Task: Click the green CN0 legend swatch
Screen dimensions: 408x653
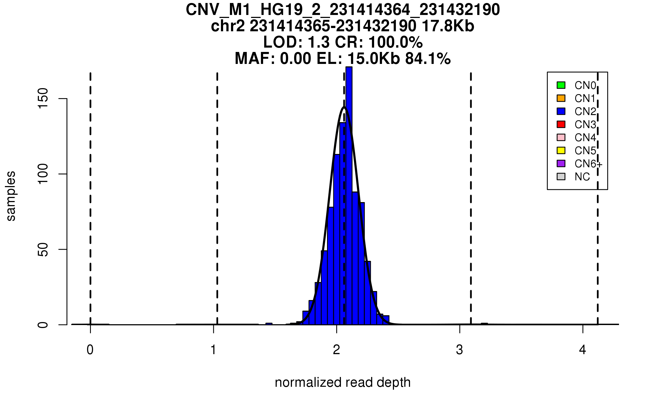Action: tap(561, 85)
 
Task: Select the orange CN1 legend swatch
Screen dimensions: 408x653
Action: tap(561, 98)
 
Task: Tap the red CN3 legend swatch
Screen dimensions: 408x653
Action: tap(561, 124)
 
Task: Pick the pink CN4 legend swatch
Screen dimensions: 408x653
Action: tap(561, 137)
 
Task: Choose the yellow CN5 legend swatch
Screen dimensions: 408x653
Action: tap(561, 150)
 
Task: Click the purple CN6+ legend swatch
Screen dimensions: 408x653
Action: tap(561, 163)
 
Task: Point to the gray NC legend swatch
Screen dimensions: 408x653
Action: tap(561, 177)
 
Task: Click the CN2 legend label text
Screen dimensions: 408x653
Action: tap(585, 112)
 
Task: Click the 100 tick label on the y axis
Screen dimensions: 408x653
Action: tap(43, 174)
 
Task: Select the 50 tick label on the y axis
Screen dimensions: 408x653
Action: tap(43, 249)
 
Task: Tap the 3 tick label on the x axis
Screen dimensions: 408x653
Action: tap(460, 350)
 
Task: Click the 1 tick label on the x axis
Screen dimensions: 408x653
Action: tap(214, 350)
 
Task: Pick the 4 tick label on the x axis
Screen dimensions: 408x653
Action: tap(583, 350)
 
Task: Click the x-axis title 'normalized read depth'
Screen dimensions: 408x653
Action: tap(343, 383)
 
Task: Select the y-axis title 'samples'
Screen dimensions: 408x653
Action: tap(11, 196)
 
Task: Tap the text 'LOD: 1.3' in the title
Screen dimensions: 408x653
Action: tap(296, 42)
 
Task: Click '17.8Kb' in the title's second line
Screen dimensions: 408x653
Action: tap(448, 26)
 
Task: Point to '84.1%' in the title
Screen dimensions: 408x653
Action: tap(428, 59)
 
